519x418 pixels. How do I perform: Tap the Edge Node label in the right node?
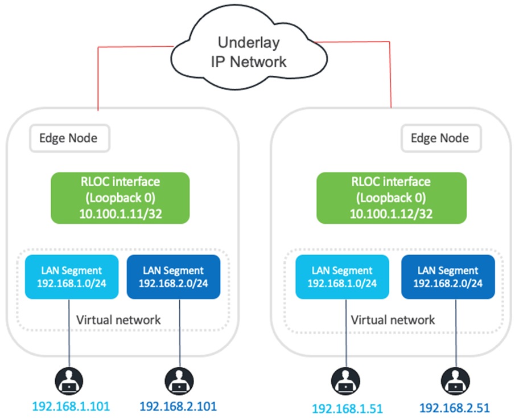coord(440,138)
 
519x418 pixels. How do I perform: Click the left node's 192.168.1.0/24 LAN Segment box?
coord(71,276)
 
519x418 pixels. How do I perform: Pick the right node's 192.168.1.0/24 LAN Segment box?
coord(341,276)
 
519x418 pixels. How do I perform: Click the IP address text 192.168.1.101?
coord(71,407)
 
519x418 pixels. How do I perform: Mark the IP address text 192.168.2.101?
coord(178,407)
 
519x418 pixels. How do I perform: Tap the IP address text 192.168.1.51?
coord(347,408)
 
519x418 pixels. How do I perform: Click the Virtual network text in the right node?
coord(393,319)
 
